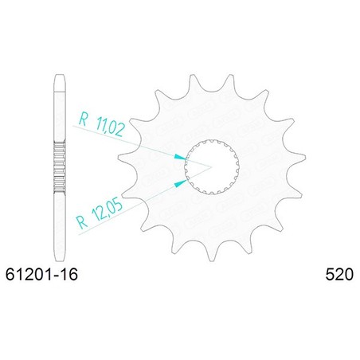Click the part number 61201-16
tap(41, 274)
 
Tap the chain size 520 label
tap(339, 274)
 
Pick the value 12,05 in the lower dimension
tap(107, 210)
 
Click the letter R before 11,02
tap(83, 119)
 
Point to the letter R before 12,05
tap(82, 222)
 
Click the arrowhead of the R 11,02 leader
tap(180, 158)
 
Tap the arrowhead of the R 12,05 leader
tap(181, 182)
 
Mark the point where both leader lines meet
tap(211, 167)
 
